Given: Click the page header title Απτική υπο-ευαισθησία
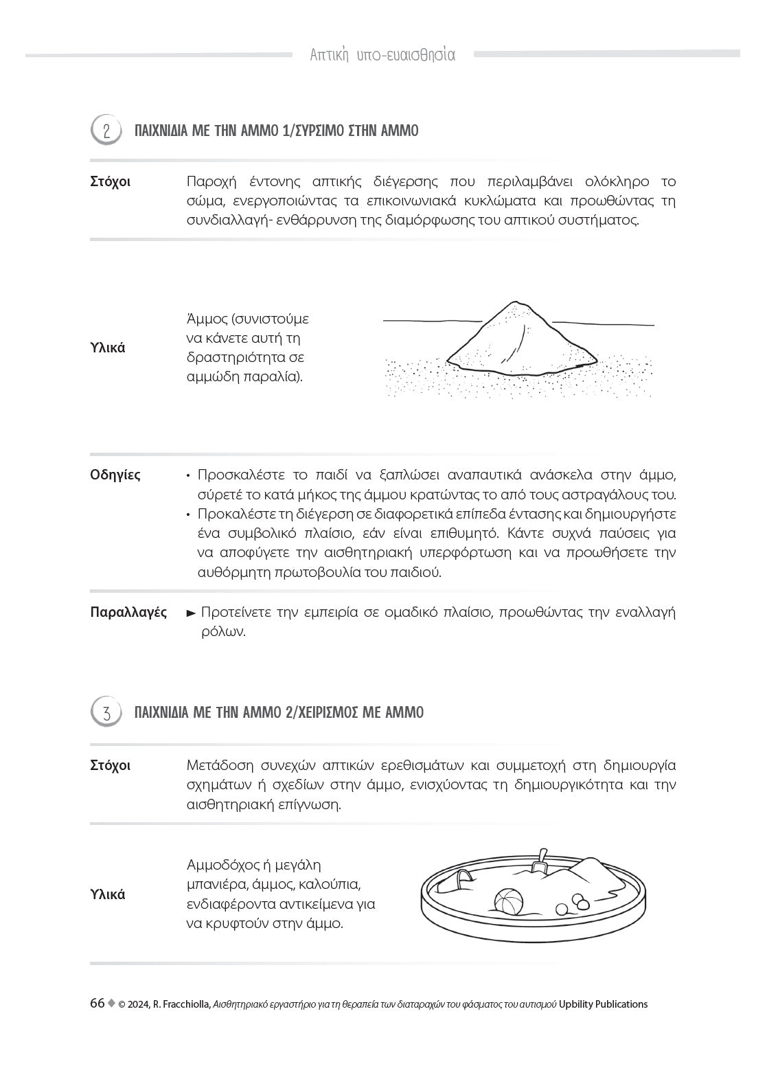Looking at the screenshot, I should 382,55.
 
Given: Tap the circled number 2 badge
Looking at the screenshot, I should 106,131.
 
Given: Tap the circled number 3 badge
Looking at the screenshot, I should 106,712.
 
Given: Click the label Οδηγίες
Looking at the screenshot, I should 115,475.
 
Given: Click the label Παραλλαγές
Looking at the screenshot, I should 128,612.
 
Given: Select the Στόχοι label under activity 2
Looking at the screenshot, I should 110,182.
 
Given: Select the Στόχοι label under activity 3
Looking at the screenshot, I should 110,765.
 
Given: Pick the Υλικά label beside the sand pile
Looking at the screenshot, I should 108,348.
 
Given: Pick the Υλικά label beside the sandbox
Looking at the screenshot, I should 108,894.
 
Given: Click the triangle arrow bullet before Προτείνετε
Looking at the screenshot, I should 192,613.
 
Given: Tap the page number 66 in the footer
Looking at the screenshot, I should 97,1004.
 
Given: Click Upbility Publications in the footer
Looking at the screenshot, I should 603,1004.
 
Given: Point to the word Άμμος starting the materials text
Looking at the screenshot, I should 207,319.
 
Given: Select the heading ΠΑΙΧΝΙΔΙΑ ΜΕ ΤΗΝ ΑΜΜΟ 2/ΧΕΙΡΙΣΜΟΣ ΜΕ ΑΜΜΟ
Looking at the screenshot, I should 279,712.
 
